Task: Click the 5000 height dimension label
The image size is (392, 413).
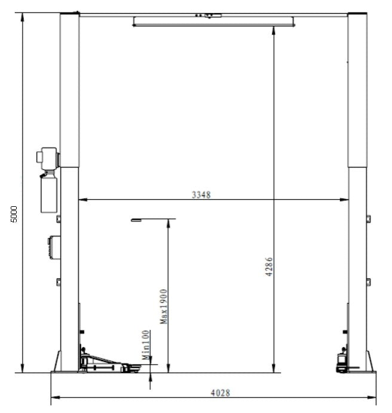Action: (x=14, y=214)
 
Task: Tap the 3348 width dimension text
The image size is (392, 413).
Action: (x=201, y=195)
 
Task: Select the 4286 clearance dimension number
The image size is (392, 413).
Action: (x=269, y=267)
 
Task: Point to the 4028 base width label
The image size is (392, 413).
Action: (x=220, y=393)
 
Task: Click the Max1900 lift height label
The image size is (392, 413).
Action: (x=164, y=307)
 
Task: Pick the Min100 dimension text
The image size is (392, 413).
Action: (x=146, y=345)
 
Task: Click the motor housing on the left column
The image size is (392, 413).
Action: (x=47, y=158)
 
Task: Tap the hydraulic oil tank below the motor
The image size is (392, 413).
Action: (x=49, y=194)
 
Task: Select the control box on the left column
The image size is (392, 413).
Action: (x=54, y=247)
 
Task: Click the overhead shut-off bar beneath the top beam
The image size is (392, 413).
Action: (x=213, y=22)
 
